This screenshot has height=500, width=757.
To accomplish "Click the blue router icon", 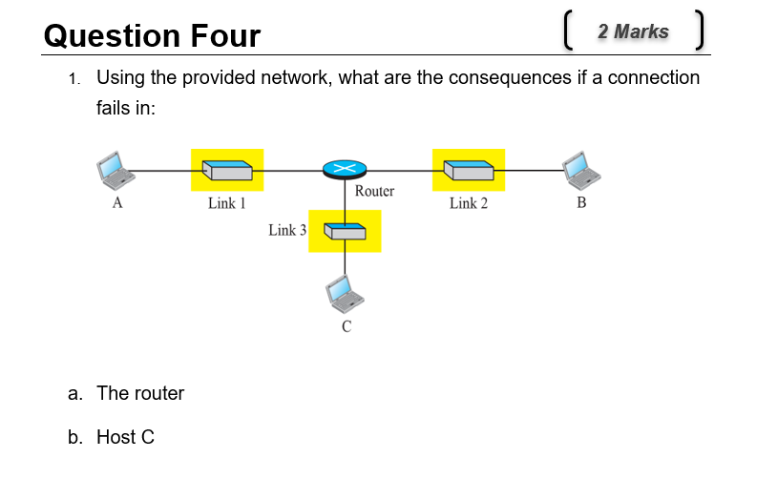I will click(345, 170).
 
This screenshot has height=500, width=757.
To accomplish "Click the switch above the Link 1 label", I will click(227, 170).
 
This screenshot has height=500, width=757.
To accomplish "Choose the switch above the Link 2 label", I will click(469, 170).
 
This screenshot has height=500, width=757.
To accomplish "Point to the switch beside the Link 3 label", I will click(345, 231).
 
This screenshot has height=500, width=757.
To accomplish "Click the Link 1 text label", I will click(227, 203).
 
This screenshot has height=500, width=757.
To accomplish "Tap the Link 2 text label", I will click(469, 203).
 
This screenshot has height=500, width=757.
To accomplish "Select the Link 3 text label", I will click(287, 230).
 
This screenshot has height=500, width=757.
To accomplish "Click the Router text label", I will click(374, 191).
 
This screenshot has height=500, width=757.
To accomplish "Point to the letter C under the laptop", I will click(347, 327).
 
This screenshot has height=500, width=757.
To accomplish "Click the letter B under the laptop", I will click(582, 203).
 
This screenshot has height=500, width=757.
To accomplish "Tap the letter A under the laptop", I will click(117, 203).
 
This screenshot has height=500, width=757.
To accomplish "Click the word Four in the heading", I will click(225, 36).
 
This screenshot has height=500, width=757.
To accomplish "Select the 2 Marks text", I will click(633, 31).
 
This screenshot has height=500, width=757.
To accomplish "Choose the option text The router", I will click(140, 393).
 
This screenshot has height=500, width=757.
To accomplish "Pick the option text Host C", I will click(125, 437).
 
